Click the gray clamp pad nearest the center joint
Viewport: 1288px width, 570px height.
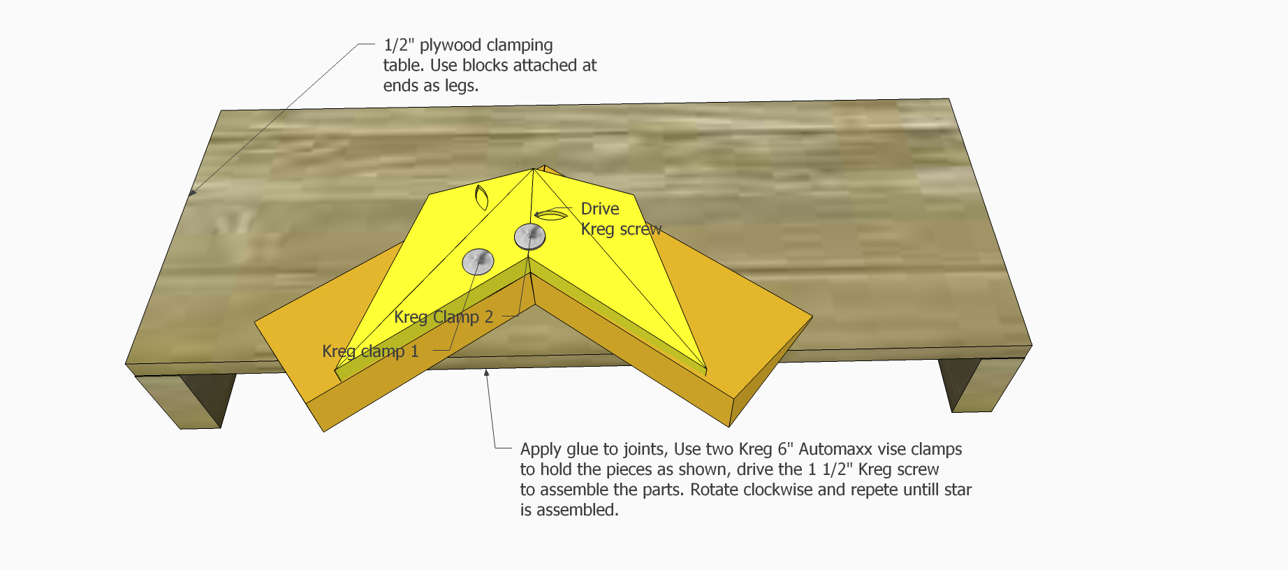pos(529,237)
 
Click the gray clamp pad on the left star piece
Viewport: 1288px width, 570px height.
pos(478,261)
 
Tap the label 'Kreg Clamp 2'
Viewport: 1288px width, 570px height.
pos(444,317)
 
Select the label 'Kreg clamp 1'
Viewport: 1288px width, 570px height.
pos(370,351)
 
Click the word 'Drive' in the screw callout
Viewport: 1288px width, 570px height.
pos(600,209)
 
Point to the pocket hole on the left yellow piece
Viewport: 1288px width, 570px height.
pos(481,198)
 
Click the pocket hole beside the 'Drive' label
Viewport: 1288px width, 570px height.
pos(550,214)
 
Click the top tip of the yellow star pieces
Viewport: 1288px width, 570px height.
pos(534,168)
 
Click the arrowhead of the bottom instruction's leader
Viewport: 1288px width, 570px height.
pos(487,373)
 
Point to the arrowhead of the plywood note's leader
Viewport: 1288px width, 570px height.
pos(193,191)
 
